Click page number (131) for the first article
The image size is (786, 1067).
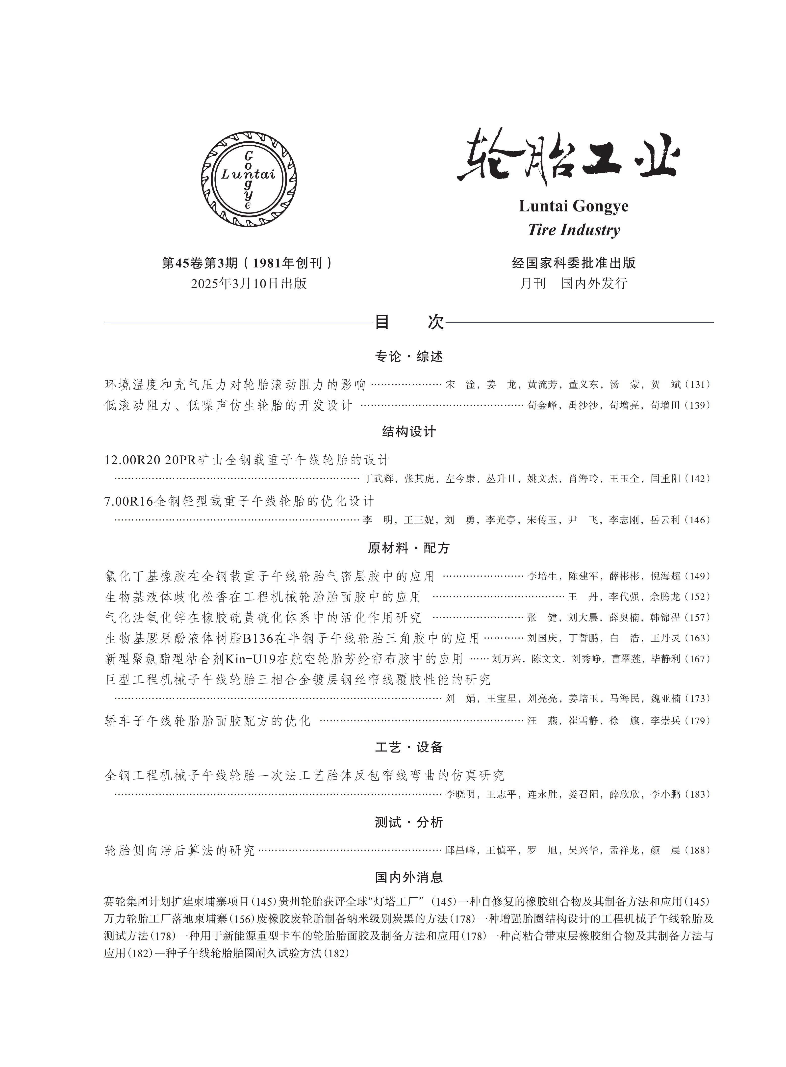[698, 385]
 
